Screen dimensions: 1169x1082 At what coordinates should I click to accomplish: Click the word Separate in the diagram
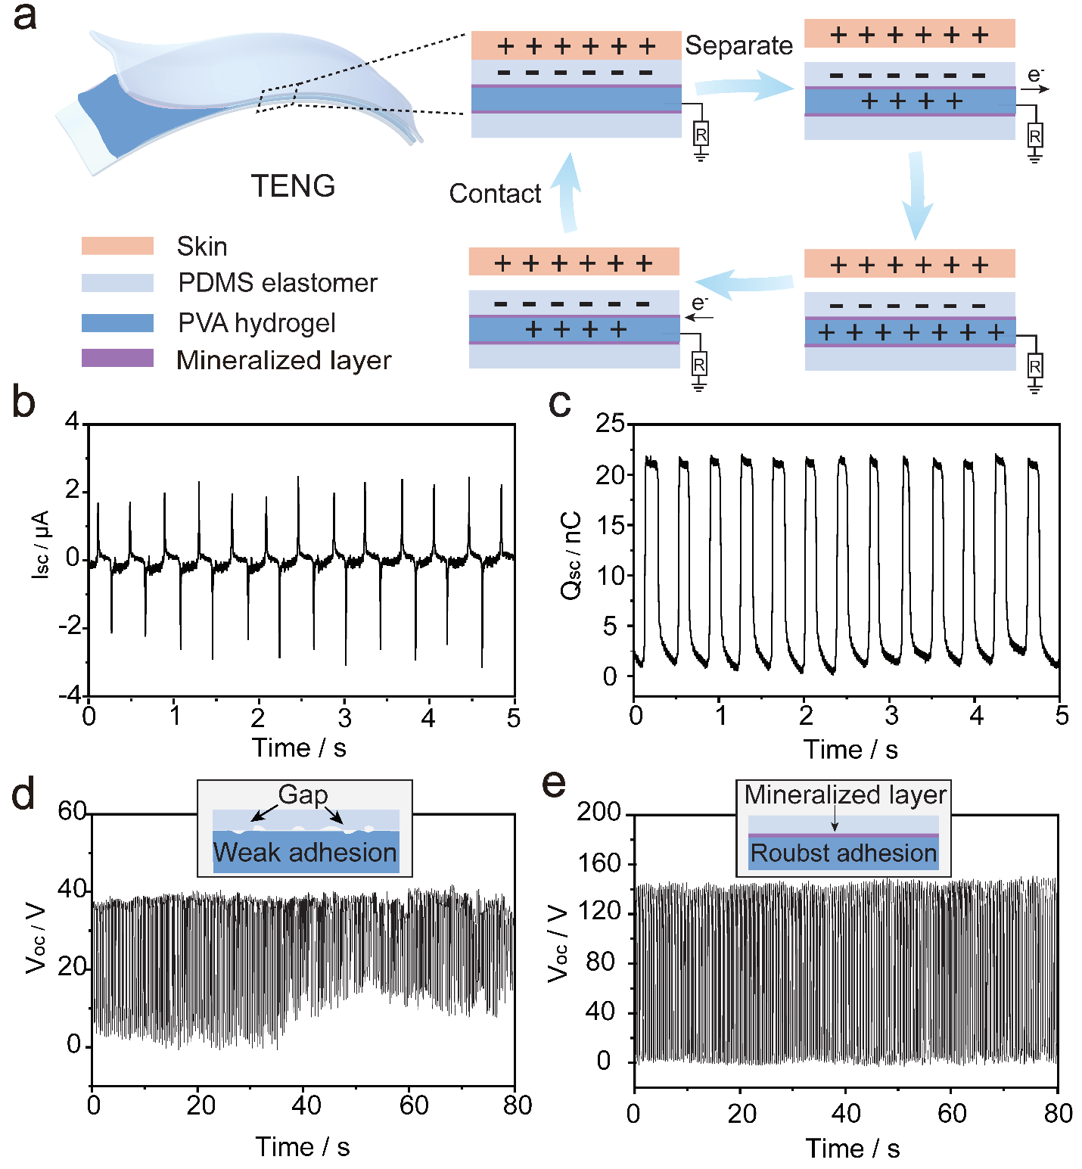pyautogui.click(x=738, y=45)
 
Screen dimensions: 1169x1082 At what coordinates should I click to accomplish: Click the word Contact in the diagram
pyautogui.click(x=495, y=194)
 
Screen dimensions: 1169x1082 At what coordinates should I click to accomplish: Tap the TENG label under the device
pyautogui.click(x=293, y=186)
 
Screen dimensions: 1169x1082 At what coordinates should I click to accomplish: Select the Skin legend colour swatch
pyautogui.click(x=117, y=246)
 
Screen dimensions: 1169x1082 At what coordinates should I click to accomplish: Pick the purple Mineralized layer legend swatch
pyautogui.click(x=117, y=358)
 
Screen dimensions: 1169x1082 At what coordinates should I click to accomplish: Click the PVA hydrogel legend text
pyautogui.click(x=257, y=323)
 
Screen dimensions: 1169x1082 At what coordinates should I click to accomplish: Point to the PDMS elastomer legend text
pyautogui.click(x=277, y=283)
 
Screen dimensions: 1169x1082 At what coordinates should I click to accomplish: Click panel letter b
pyautogui.click(x=23, y=402)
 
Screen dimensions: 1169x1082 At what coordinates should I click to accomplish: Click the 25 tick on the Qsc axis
pyautogui.click(x=610, y=423)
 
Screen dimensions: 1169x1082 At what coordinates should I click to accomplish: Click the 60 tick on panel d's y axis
pyautogui.click(x=73, y=811)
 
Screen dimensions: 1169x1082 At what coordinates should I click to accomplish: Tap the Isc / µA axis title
pyautogui.click(x=41, y=545)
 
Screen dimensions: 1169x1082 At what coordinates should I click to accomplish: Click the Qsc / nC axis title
pyautogui.click(x=572, y=555)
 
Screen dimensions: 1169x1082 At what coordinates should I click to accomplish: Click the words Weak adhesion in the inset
pyautogui.click(x=305, y=853)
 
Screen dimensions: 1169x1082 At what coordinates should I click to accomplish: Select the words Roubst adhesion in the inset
pyautogui.click(x=843, y=853)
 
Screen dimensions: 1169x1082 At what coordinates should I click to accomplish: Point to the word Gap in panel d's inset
pyautogui.click(x=303, y=794)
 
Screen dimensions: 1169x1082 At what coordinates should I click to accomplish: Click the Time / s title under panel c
pyautogui.click(x=850, y=750)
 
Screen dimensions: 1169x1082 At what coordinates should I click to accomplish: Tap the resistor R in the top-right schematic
pyautogui.click(x=1034, y=137)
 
